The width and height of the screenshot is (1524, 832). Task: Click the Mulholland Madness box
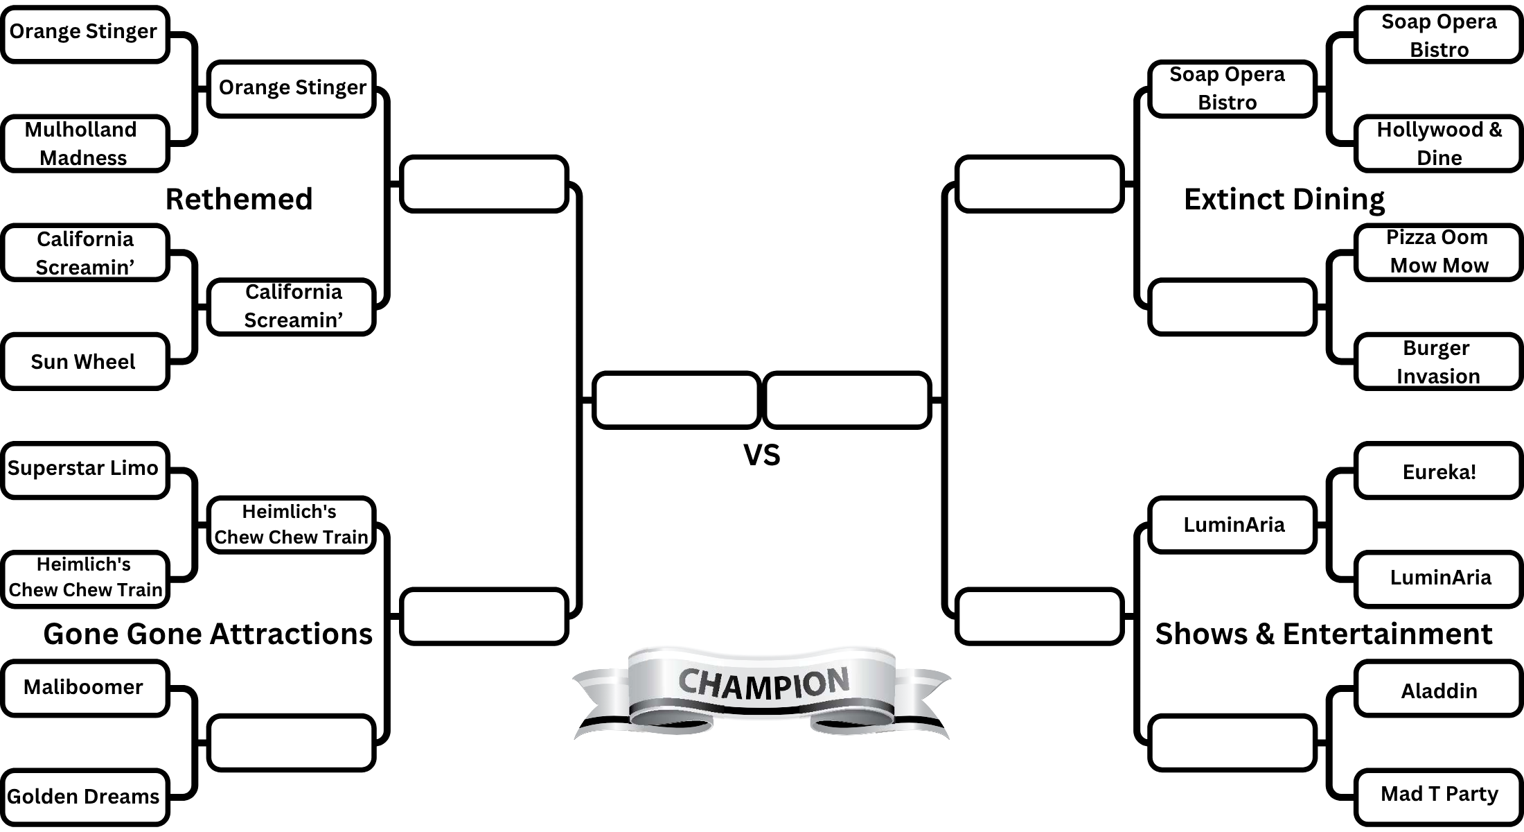point(85,144)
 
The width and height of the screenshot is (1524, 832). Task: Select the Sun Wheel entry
point(85,361)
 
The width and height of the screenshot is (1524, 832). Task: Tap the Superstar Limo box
point(85,469)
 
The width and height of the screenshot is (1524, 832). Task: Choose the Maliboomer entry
point(85,687)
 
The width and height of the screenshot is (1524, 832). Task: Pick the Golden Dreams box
point(85,797)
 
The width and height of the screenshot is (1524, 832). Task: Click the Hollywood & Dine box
point(1438,144)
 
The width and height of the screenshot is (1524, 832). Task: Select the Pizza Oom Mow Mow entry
point(1438,252)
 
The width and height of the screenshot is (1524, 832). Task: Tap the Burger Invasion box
point(1438,361)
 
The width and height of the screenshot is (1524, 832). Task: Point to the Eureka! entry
point(1438,471)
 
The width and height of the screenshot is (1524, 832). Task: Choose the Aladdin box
point(1438,690)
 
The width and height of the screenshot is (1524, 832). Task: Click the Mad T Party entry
point(1438,795)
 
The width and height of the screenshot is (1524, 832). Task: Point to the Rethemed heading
point(239,199)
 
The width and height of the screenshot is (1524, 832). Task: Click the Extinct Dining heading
point(1284,199)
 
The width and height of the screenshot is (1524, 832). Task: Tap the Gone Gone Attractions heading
point(208,634)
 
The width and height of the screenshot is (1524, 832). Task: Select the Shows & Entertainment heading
point(1323,634)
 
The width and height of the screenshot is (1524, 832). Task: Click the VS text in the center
point(761,455)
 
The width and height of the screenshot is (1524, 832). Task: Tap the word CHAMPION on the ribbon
point(763,684)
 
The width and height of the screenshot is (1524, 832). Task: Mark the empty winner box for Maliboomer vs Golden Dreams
point(291,743)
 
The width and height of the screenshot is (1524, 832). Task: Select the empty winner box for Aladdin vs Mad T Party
point(1232,743)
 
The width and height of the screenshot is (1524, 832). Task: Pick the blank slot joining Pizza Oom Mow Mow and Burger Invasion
point(1232,307)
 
